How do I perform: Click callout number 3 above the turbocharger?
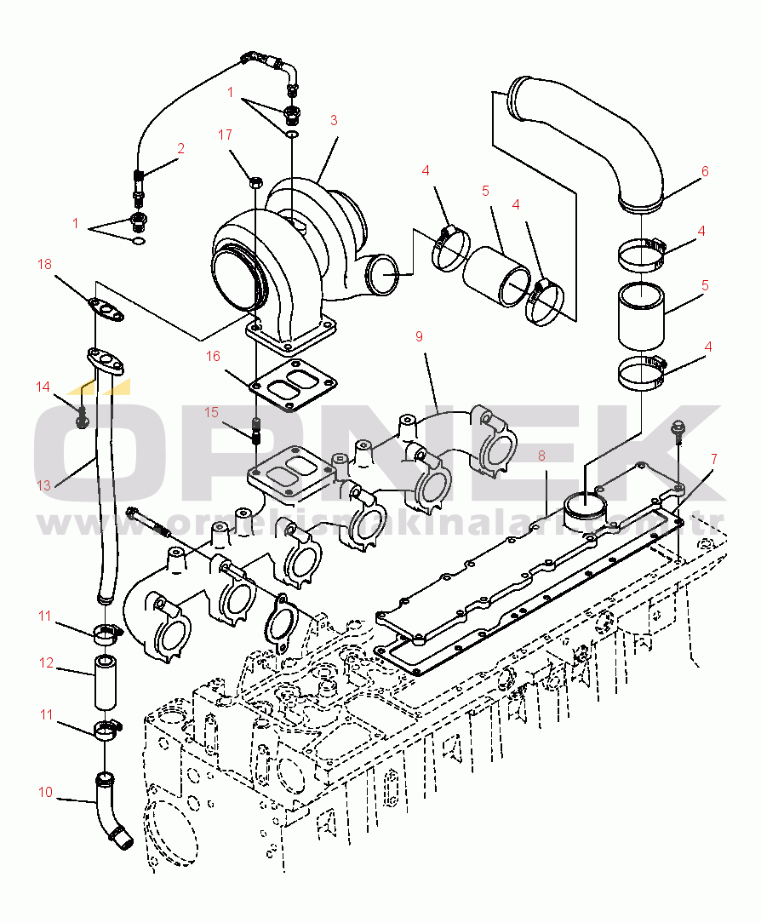334,121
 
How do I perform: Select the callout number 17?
225,135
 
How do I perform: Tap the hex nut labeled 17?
254,181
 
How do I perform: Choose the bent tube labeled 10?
112,817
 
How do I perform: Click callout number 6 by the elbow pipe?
705,171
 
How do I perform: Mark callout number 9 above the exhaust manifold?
419,336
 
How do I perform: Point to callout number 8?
541,456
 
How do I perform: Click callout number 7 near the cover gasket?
713,460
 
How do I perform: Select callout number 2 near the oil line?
180,148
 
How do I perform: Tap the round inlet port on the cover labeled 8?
585,509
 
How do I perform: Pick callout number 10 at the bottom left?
45,793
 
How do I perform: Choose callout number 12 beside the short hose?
45,662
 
